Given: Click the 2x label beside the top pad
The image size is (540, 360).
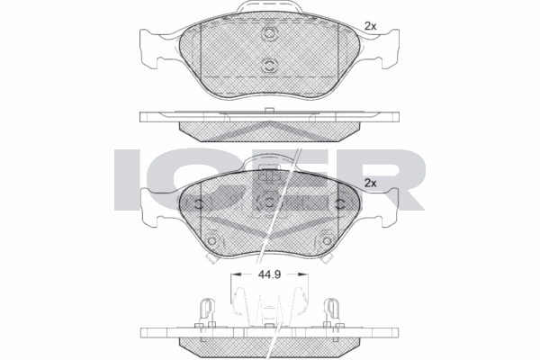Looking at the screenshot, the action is pos(370,26).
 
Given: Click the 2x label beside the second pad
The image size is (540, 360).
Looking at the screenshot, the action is pos(370,184).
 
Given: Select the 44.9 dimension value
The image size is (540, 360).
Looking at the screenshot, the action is pos(270,274).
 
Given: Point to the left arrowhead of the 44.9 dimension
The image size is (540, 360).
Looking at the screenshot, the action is pos(235,274).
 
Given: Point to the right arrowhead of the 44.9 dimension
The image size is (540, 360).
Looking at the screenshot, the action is pos(303,274).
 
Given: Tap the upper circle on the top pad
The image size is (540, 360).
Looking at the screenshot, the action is pos(270,33).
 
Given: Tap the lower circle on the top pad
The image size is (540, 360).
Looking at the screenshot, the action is pos(270,65).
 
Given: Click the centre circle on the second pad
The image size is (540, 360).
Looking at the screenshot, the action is pos(270,202).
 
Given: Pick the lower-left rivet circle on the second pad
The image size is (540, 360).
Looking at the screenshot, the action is pos(212,241).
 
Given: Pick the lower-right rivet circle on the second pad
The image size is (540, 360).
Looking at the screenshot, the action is pos(327,241).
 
